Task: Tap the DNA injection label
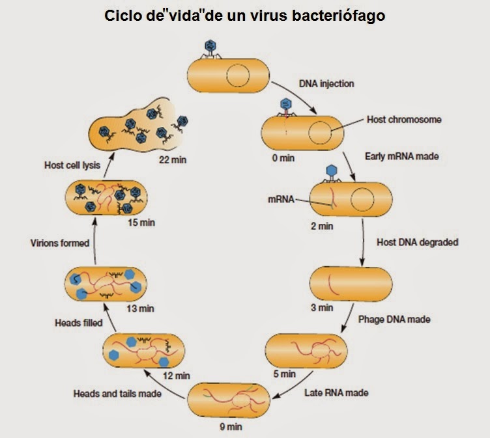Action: [326, 84]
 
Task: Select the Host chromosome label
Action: [404, 120]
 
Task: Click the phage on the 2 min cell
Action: [331, 171]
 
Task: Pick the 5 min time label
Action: [282, 374]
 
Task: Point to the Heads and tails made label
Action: [117, 393]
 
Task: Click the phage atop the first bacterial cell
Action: [210, 48]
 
